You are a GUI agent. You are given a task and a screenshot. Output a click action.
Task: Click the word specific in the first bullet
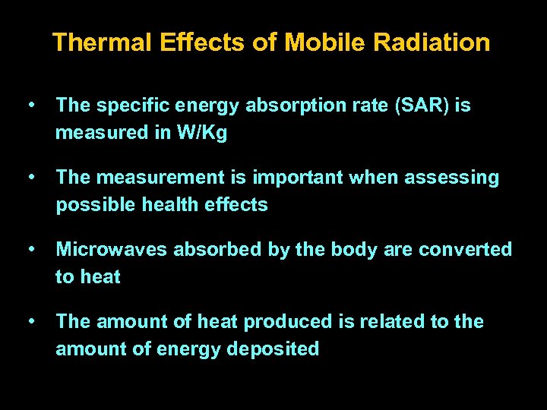click(127, 106)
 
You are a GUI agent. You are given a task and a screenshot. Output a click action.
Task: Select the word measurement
click(157, 178)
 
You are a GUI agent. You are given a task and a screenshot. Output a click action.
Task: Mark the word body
click(353, 250)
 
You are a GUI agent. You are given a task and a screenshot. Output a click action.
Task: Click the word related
click(392, 322)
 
